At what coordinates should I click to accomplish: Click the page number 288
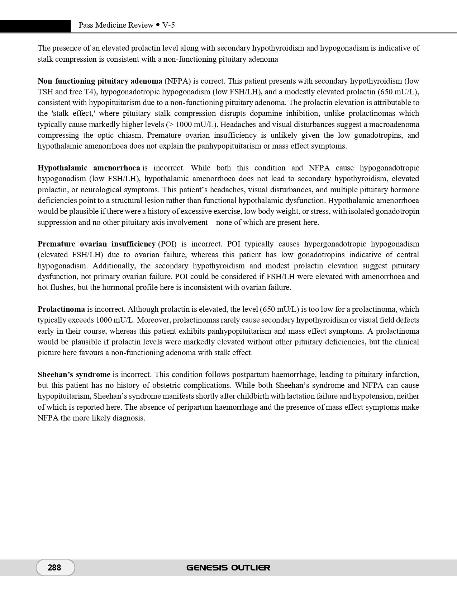[x=54, y=567]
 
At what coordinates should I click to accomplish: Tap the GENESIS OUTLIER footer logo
[x=228, y=568]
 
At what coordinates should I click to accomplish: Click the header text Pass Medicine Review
[x=116, y=25]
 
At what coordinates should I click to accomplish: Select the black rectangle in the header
[x=35, y=26]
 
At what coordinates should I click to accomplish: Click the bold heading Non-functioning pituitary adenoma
[x=100, y=81]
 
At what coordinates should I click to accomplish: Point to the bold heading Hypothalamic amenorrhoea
[x=89, y=168]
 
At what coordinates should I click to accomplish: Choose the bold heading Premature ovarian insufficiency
[x=96, y=244]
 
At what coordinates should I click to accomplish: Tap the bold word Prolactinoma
[x=61, y=309]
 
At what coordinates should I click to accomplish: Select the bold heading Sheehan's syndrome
[x=74, y=375]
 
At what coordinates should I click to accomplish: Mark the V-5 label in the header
[x=168, y=25]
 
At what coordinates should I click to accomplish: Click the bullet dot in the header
[x=158, y=25]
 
